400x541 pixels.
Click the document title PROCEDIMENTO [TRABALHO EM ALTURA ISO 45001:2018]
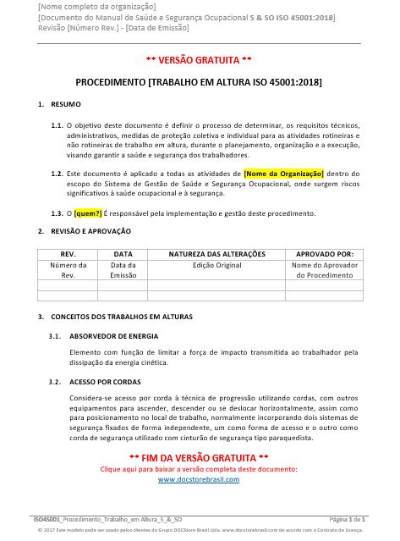pos(199,83)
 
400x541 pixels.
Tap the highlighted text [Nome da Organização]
pos(283,173)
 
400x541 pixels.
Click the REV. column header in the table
pos(68,254)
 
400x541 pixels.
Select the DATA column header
pos(123,254)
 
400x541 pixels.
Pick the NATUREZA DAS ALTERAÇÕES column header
pos(216,254)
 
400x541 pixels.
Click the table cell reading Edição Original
pos(216,265)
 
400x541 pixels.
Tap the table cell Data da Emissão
pos(123,270)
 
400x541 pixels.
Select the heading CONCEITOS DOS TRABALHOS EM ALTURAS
pos(115,317)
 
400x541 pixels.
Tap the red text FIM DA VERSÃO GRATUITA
pos(199,457)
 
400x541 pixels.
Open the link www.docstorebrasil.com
pos(199,479)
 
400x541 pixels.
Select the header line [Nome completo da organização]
pos(96,7)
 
